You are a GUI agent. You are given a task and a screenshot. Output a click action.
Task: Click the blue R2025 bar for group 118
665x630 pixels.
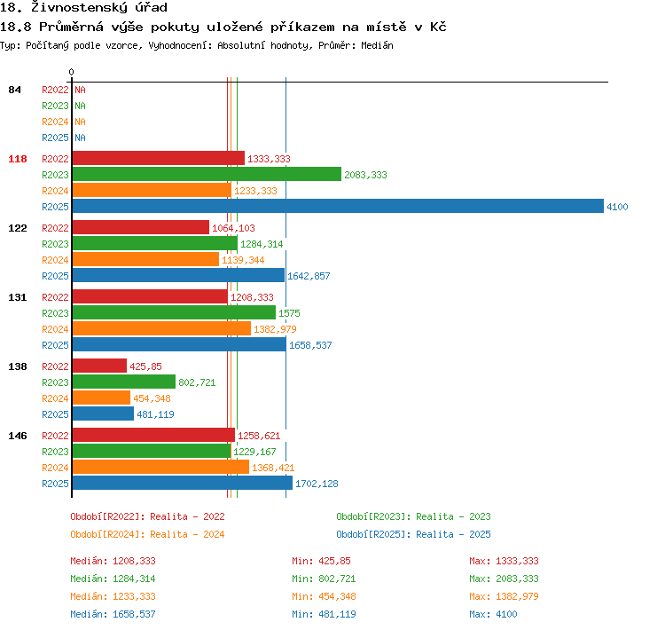click(x=338, y=207)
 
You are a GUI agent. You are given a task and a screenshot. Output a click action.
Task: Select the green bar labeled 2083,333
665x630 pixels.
click(x=207, y=174)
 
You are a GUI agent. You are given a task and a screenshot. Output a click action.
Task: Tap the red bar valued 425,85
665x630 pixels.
click(x=99, y=366)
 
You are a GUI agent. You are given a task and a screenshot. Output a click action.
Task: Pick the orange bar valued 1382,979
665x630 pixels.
click(x=161, y=328)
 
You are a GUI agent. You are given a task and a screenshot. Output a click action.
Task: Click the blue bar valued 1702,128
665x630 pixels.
click(x=183, y=483)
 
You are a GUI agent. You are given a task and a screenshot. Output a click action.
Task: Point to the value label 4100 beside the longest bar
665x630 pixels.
click(x=617, y=207)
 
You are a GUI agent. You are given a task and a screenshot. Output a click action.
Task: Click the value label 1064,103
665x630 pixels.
click(x=233, y=228)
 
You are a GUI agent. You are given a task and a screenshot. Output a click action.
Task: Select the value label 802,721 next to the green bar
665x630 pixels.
click(x=197, y=382)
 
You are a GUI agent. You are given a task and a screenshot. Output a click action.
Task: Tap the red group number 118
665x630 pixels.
click(x=18, y=159)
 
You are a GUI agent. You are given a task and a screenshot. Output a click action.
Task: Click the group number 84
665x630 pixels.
click(x=14, y=90)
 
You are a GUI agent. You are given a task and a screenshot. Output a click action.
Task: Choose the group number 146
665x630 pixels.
click(x=18, y=436)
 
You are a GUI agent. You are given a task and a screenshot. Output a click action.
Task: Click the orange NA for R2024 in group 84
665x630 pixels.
click(x=80, y=122)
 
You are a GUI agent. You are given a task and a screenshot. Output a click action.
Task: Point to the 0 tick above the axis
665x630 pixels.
click(x=71, y=72)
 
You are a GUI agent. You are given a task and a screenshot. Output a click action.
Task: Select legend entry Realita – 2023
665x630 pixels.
click(x=453, y=516)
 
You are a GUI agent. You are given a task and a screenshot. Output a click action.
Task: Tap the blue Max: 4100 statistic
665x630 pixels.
click(x=493, y=614)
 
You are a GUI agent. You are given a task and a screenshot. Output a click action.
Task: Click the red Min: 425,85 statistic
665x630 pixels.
click(x=321, y=561)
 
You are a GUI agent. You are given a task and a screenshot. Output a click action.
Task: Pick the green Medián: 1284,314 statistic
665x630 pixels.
click(x=113, y=579)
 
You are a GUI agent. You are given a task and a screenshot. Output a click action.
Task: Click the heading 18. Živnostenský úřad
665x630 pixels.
click(x=83, y=7)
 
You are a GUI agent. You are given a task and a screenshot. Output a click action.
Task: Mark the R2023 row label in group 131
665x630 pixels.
click(x=55, y=313)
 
